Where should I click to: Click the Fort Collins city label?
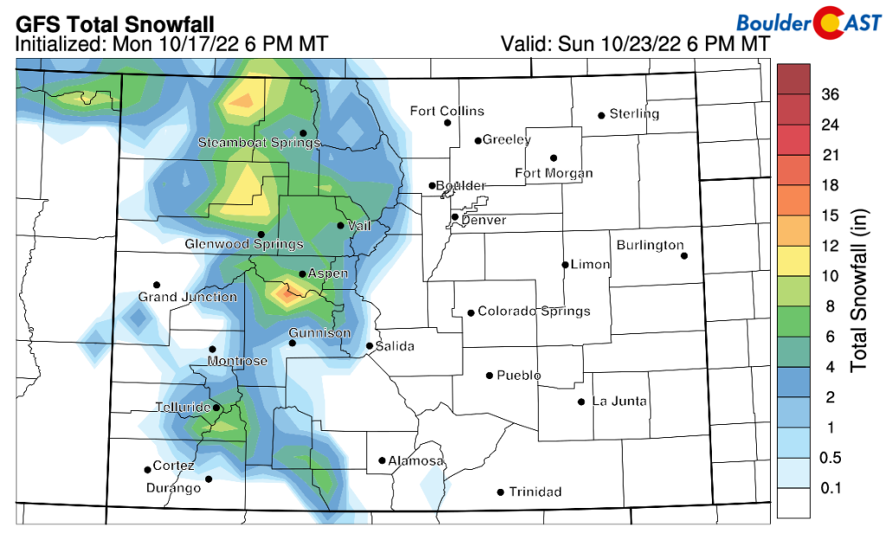(x=447, y=111)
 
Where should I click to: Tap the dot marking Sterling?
(x=600, y=115)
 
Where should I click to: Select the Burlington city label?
(x=650, y=245)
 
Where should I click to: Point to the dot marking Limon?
(x=565, y=265)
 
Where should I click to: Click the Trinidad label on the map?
(x=535, y=492)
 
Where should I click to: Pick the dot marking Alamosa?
(x=382, y=460)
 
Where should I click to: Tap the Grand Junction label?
(x=188, y=297)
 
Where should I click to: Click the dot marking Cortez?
(x=147, y=470)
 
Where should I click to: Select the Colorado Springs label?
(x=534, y=312)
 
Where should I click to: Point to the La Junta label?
(x=620, y=402)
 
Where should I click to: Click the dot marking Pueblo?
(x=490, y=376)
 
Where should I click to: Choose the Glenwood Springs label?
(x=244, y=245)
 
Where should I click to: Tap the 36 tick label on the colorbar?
(x=830, y=95)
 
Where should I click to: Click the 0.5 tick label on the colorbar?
(x=831, y=457)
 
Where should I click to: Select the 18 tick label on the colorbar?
(x=830, y=185)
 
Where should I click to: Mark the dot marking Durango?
(x=209, y=479)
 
